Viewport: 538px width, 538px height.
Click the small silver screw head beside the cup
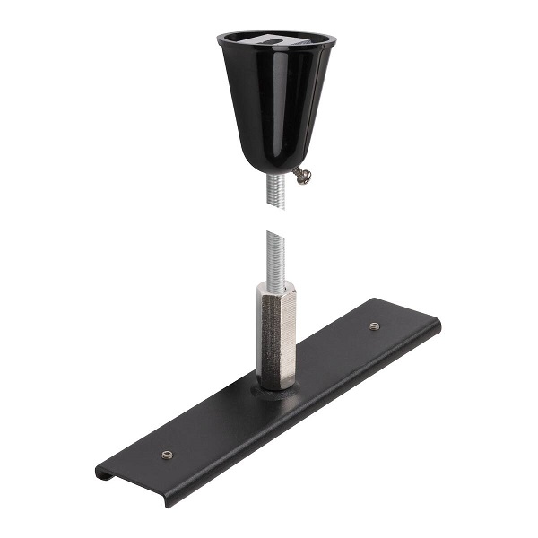[306, 177]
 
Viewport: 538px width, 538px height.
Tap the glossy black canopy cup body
[269, 108]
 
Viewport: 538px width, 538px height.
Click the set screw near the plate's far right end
[375, 326]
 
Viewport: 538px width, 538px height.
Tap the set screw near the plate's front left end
[166, 455]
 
